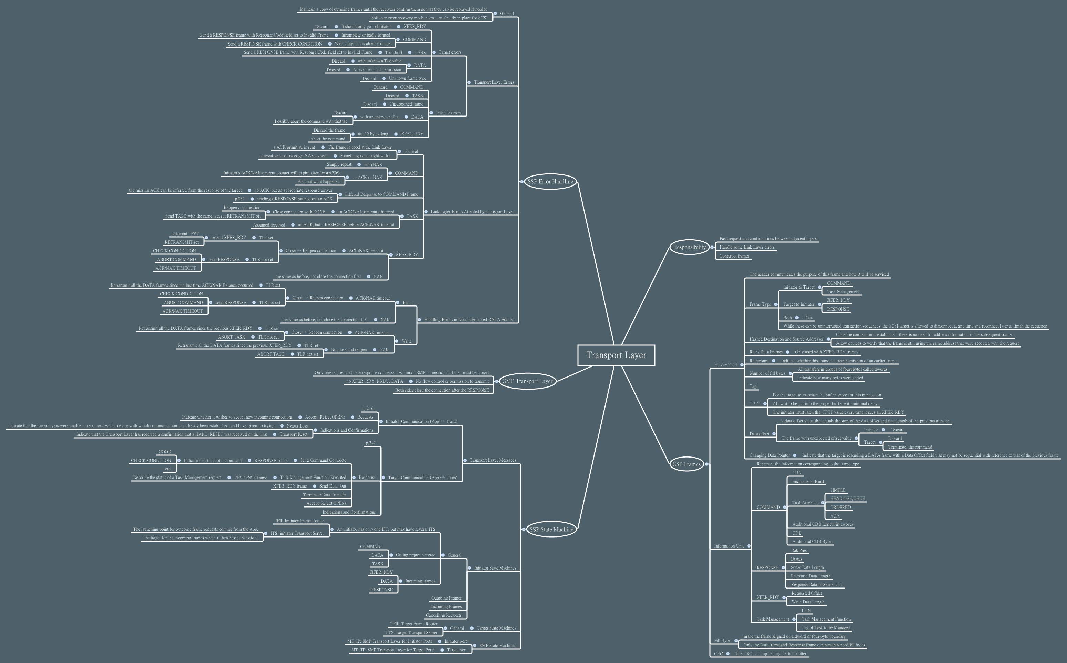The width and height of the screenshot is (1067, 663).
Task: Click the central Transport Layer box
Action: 616,355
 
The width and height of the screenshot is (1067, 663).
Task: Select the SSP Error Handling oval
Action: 550,182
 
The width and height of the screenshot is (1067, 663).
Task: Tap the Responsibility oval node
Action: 689,247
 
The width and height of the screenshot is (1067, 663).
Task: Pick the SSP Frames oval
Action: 687,464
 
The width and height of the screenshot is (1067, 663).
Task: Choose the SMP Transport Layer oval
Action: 527,381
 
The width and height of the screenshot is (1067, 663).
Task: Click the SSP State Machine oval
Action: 551,529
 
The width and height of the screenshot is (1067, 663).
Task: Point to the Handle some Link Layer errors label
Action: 747,247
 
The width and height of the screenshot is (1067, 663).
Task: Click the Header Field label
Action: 725,365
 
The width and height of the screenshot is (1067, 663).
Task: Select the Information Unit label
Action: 729,546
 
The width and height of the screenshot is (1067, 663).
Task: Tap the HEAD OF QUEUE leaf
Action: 847,499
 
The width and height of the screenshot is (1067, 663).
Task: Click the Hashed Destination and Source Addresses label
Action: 786,339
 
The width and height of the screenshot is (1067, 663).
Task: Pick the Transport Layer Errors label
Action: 494,82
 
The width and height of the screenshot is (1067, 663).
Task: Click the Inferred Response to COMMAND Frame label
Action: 381,194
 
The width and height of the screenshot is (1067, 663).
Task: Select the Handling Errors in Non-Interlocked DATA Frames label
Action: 468,320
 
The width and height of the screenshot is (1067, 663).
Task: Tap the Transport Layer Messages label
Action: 492,460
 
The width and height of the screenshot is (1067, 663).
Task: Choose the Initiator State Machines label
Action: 495,568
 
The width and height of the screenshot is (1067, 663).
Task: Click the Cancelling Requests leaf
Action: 444,615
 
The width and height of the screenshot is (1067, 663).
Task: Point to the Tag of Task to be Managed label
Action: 825,628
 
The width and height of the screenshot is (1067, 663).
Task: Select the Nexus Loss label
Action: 297,426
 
